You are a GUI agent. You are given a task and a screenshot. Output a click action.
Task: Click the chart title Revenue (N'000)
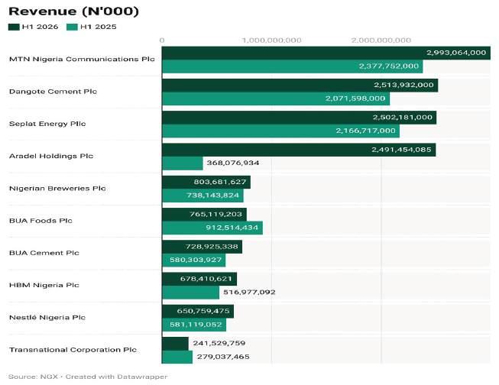coord(74,11)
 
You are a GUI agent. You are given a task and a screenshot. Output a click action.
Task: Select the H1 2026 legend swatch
coord(14,27)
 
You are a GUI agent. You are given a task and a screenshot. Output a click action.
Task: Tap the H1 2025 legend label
coord(99,27)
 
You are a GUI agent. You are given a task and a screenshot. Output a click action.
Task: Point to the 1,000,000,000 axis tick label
coord(271,40)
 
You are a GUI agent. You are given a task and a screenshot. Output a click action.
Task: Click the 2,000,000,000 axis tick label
coord(381,40)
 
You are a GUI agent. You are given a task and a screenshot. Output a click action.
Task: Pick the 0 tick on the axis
coord(162,40)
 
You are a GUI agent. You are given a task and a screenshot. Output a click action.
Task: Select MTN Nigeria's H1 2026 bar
coord(326,53)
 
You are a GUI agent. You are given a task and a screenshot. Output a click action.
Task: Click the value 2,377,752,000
coord(389,66)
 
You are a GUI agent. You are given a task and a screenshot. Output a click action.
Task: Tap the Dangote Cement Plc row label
coord(53,92)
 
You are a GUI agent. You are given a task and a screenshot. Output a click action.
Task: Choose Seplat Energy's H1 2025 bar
coord(280,131)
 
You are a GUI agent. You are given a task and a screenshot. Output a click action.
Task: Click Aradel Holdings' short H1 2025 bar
coord(183,163)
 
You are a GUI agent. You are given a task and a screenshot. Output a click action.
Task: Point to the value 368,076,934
coord(233,163)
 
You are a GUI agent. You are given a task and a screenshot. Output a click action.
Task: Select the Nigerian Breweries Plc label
coord(57,189)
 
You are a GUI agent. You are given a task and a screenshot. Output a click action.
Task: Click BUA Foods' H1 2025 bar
coord(212,228)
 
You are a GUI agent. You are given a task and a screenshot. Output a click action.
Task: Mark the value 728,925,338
coord(212,247)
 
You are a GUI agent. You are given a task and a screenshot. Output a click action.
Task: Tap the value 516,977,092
coord(249,292)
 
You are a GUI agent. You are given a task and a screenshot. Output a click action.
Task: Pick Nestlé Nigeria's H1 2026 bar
coord(198,311)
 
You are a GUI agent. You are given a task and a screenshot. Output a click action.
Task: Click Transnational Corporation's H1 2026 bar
coord(175,344)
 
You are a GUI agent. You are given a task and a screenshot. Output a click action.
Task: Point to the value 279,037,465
coord(223,357)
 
